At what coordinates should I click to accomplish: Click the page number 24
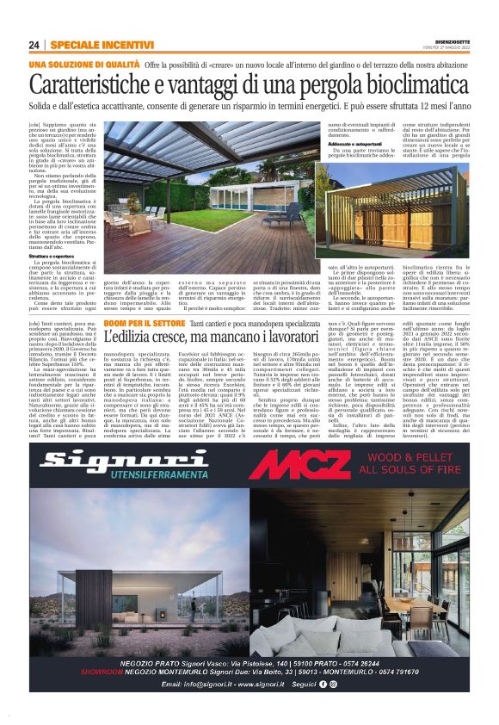(x=34, y=45)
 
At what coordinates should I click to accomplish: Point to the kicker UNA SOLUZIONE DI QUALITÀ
(x=83, y=65)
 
